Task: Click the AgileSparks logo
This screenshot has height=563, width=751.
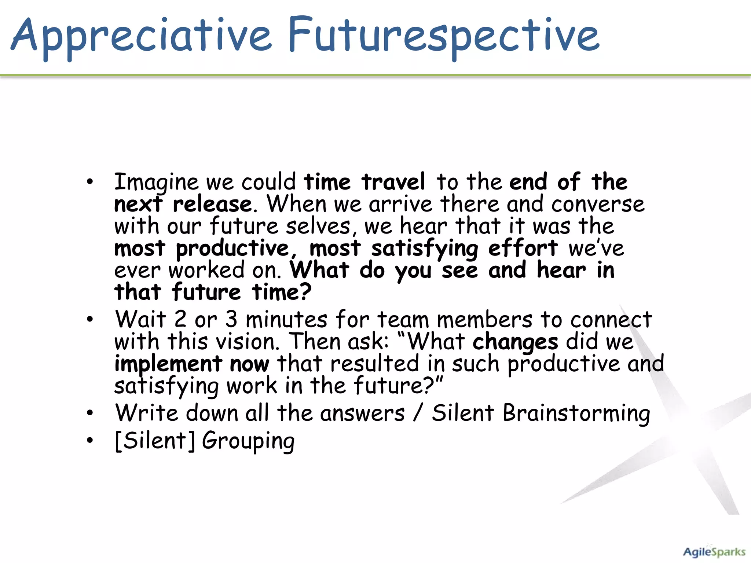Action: pos(714,552)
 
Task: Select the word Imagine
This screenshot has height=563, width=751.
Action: pos(156,182)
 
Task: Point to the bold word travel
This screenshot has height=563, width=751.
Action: pos(393,182)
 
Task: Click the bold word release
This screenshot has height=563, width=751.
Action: pos(212,205)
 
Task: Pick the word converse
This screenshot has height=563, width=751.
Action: pos(598,205)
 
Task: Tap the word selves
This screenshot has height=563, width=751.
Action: pos(318,226)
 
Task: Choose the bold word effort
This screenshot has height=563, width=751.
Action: pos(523,249)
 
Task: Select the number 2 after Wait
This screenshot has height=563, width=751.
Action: pos(180,319)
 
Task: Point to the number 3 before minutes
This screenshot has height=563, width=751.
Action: pos(231,319)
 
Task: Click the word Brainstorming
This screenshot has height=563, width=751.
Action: pos(576,413)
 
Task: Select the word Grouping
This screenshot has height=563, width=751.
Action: pos(248,441)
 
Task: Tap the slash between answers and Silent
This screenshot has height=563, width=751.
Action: pos(418,413)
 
